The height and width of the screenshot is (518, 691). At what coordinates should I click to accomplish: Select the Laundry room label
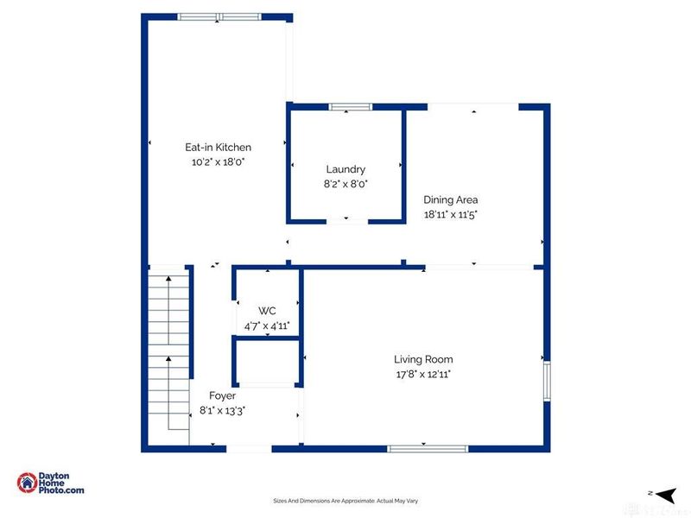pos(345,169)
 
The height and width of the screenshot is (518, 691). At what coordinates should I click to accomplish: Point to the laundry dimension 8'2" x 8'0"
pos(345,184)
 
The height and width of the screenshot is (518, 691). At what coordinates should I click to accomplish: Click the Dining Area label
pos(450,199)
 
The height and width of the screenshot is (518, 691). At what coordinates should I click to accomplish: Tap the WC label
pos(266,311)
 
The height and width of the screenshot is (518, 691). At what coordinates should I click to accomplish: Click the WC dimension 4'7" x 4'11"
pos(266,325)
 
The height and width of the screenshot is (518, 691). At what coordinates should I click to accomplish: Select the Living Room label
pos(423,359)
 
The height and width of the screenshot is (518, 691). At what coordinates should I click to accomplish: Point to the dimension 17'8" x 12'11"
pos(423,374)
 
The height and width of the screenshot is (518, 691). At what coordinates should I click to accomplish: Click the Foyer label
pos(222,395)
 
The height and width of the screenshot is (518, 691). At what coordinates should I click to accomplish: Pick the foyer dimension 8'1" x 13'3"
pos(222,410)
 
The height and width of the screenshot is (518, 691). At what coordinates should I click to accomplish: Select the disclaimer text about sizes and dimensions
pos(345,501)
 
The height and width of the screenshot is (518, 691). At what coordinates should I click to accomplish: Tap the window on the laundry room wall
pos(350,106)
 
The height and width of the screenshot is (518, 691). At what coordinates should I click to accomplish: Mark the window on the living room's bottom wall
pos(427,448)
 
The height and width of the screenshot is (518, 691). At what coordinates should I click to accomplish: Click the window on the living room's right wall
pos(546,381)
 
